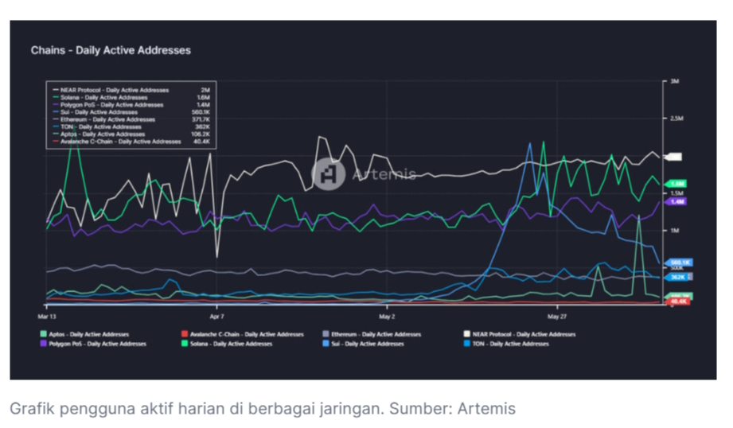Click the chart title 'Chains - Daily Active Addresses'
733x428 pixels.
pyautogui.click(x=111, y=50)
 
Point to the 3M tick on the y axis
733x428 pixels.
pyautogui.click(x=673, y=81)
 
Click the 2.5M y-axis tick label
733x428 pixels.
pyautogui.click(x=675, y=119)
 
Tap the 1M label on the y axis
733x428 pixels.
pyautogui.click(x=673, y=231)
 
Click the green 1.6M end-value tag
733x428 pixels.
pyautogui.click(x=676, y=184)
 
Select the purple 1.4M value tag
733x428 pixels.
pyautogui.click(x=676, y=202)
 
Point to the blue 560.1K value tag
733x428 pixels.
pyautogui.click(x=679, y=262)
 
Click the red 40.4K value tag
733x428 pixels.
pyautogui.click(x=678, y=302)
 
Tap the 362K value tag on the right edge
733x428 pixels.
pyautogui.click(x=677, y=277)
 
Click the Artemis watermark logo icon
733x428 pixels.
pyautogui.click(x=328, y=174)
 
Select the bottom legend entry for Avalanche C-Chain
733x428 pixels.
pyautogui.click(x=243, y=335)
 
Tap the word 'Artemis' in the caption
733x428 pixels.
pyautogui.click(x=485, y=409)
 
